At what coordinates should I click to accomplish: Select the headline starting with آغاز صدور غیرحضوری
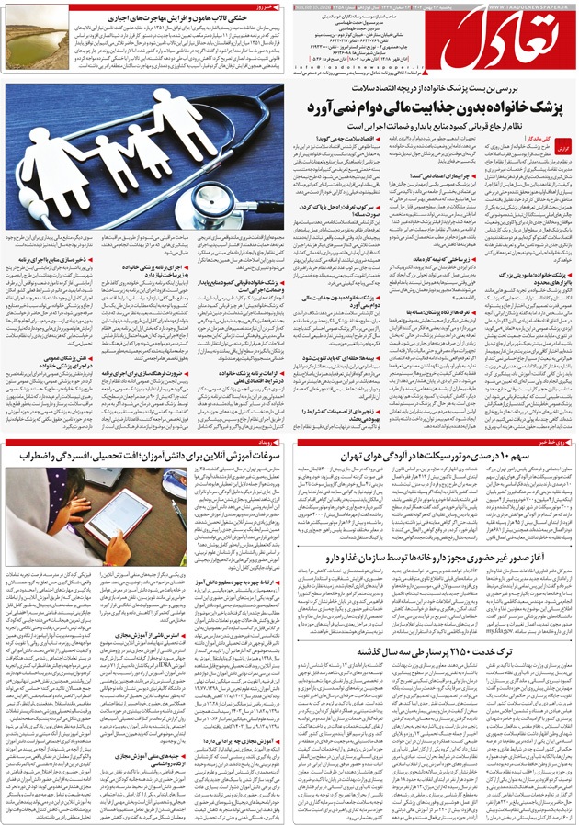coord(432,556)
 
